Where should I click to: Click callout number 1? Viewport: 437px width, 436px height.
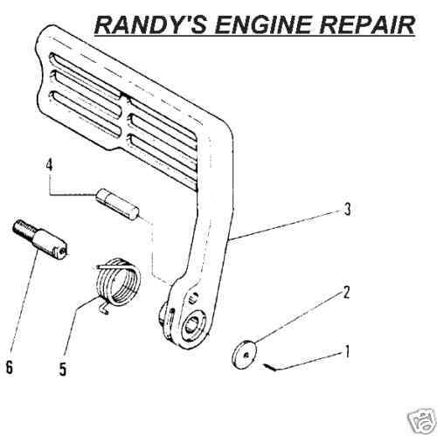(x=347, y=352)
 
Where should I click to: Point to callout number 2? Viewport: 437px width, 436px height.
(x=346, y=292)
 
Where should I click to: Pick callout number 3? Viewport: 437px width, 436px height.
(x=347, y=209)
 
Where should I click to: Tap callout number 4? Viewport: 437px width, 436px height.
(x=49, y=165)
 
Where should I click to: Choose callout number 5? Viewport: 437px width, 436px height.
(x=62, y=370)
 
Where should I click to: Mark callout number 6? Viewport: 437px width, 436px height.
(x=10, y=367)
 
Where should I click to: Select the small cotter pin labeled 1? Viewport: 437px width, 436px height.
(x=270, y=367)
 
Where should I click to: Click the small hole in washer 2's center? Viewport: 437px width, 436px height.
(x=247, y=356)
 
